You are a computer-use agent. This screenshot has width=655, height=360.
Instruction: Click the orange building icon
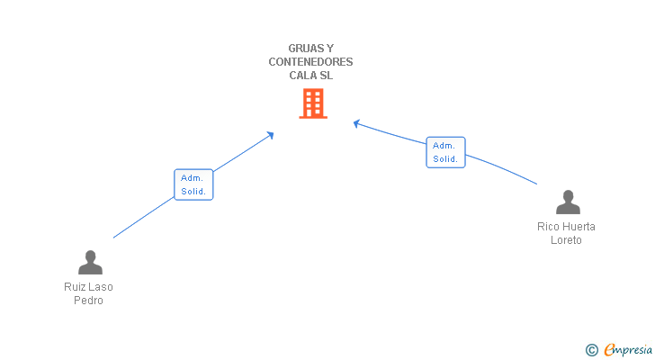(312, 103)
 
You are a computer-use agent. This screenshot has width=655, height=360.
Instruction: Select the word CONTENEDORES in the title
(310, 62)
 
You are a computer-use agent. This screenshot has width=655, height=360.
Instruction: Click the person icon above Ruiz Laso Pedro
(90, 262)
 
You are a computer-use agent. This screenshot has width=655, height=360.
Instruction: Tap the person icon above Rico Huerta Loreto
(568, 202)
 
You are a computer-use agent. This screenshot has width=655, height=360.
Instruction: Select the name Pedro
(89, 301)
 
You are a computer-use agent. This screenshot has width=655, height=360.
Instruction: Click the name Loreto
(567, 240)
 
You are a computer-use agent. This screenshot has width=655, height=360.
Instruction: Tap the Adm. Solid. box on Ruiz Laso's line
(193, 184)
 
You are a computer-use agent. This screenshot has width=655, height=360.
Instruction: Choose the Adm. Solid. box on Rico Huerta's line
(445, 152)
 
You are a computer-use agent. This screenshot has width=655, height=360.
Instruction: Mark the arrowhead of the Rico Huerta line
(356, 123)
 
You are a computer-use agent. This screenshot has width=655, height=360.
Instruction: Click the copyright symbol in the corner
(591, 350)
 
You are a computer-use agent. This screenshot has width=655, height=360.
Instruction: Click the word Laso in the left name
(101, 287)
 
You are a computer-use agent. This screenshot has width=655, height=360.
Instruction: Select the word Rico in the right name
(548, 227)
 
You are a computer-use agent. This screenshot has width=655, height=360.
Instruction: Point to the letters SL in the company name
(327, 76)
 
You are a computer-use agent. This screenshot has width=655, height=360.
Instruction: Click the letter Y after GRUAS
(330, 49)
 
